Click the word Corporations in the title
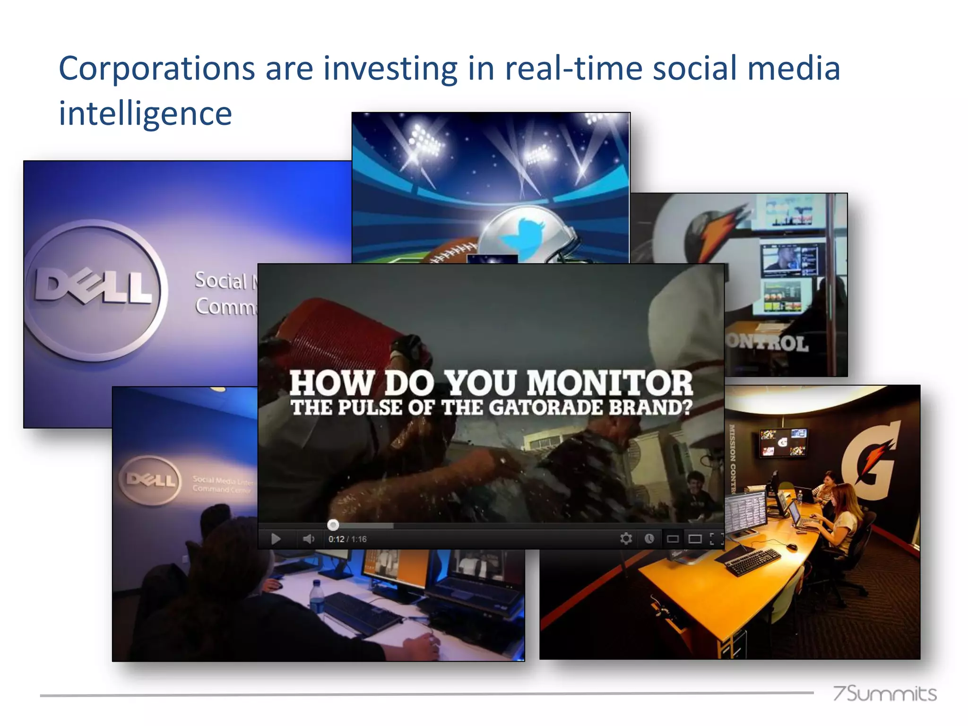[156, 69]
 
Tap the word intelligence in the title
[145, 114]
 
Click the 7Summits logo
[884, 693]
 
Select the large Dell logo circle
[95, 289]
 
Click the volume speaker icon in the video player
[308, 539]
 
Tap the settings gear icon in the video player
[626, 538]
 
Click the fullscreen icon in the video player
[716, 539]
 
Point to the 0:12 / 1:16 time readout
[347, 539]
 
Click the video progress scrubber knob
[333, 525]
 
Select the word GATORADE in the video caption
[546, 408]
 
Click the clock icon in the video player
[649, 538]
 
